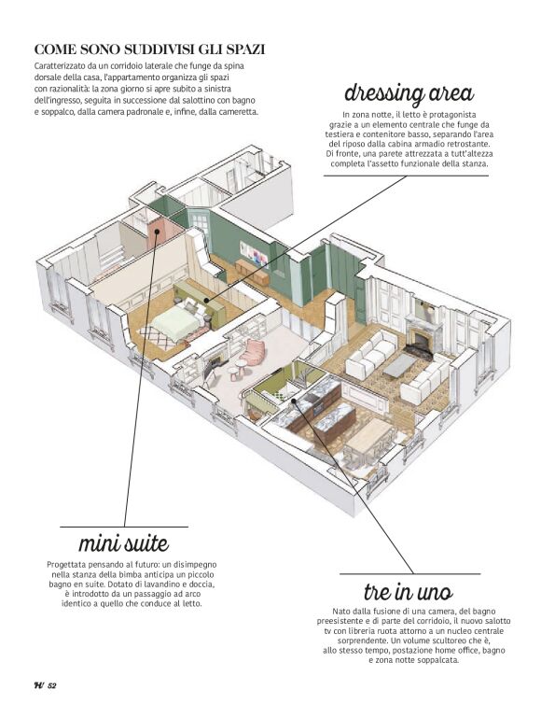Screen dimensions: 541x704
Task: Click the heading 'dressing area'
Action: [409, 93]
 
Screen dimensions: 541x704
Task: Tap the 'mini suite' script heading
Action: [124, 543]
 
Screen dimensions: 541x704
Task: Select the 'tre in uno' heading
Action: [409, 592]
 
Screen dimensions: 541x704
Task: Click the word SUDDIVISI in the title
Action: [157, 49]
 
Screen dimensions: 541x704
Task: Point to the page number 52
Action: [51, 685]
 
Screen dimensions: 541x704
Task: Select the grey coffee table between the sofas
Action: [401, 365]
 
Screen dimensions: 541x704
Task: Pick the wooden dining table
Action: [369, 435]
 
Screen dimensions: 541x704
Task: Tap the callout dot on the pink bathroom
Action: [157, 232]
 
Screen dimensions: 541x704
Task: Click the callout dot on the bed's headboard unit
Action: [206, 301]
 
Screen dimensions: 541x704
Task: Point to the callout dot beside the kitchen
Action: [294, 401]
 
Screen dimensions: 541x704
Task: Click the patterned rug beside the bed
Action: [155, 337]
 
